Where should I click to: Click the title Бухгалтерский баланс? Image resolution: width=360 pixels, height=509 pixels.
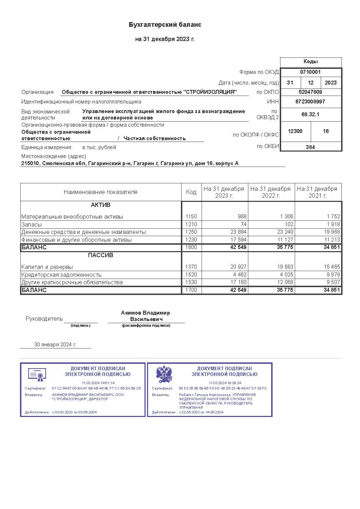165,25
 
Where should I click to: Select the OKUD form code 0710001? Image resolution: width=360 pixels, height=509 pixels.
310,72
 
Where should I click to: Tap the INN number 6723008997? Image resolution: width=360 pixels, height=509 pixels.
310,102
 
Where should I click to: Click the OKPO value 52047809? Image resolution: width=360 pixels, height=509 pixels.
310,92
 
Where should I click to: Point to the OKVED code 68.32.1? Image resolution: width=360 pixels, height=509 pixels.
310,114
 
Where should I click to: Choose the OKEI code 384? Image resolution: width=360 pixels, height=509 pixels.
310,147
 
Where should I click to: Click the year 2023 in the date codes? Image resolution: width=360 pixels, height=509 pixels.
330,83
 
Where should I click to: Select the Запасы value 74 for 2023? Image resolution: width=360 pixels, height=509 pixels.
243,224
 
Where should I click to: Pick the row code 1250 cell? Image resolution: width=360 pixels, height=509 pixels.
191,232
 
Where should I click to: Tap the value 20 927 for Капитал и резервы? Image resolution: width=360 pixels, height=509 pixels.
238,267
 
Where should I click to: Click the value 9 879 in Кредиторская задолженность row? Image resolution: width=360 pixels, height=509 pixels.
332,275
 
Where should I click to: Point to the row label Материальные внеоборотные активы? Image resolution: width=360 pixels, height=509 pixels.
72,217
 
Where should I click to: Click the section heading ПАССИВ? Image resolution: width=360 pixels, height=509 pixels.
101,255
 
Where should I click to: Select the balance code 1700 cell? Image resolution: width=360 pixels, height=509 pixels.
191,290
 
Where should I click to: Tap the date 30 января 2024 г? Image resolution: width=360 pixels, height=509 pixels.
55,345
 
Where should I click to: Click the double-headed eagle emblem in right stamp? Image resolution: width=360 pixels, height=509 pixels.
164,374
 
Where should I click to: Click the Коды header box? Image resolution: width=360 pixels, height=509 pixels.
310,61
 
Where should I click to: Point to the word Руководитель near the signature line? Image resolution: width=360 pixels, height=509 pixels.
44,319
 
